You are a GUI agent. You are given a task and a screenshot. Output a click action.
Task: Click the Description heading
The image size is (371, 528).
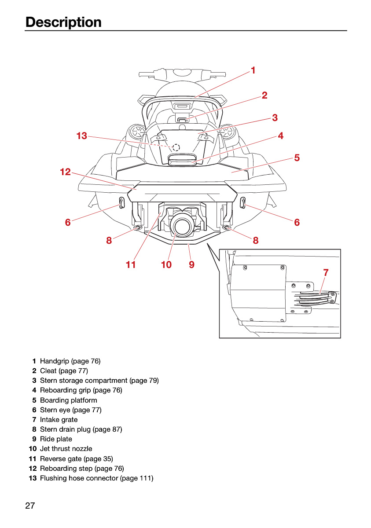tap(63, 22)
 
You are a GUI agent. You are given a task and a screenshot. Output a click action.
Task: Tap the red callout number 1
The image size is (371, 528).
tap(253, 70)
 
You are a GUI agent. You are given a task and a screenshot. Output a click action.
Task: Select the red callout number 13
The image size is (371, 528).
tap(81, 136)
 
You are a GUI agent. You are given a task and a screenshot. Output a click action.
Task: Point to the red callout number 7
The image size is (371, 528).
tap(326, 273)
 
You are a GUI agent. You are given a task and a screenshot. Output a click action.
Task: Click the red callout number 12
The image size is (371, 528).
tap(65, 172)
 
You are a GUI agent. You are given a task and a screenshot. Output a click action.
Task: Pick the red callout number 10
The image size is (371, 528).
tap(166, 264)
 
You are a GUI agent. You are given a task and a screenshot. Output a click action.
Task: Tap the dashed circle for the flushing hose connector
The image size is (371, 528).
tap(176, 147)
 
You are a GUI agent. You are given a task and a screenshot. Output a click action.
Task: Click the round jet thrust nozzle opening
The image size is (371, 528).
tap(182, 226)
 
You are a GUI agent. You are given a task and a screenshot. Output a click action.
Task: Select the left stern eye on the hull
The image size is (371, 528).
tap(121, 203)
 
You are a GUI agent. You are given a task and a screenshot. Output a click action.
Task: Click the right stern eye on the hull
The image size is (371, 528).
tap(242, 203)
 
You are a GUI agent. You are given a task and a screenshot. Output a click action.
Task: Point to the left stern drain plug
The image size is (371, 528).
tap(137, 227)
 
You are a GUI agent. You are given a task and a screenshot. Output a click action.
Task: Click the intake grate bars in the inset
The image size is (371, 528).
tap(315, 297)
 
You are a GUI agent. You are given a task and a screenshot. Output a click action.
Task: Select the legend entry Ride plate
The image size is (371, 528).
tap(56, 439)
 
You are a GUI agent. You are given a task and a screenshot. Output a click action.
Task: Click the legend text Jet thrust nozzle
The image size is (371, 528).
tap(66, 448)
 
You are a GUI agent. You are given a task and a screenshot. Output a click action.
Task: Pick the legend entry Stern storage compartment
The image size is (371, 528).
tap(84, 381)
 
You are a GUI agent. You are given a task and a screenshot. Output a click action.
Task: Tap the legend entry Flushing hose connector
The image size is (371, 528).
tap(79, 478)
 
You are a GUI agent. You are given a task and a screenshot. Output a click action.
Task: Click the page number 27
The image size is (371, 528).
tap(30, 506)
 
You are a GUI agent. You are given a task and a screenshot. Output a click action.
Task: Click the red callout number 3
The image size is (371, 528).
tap(275, 117)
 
